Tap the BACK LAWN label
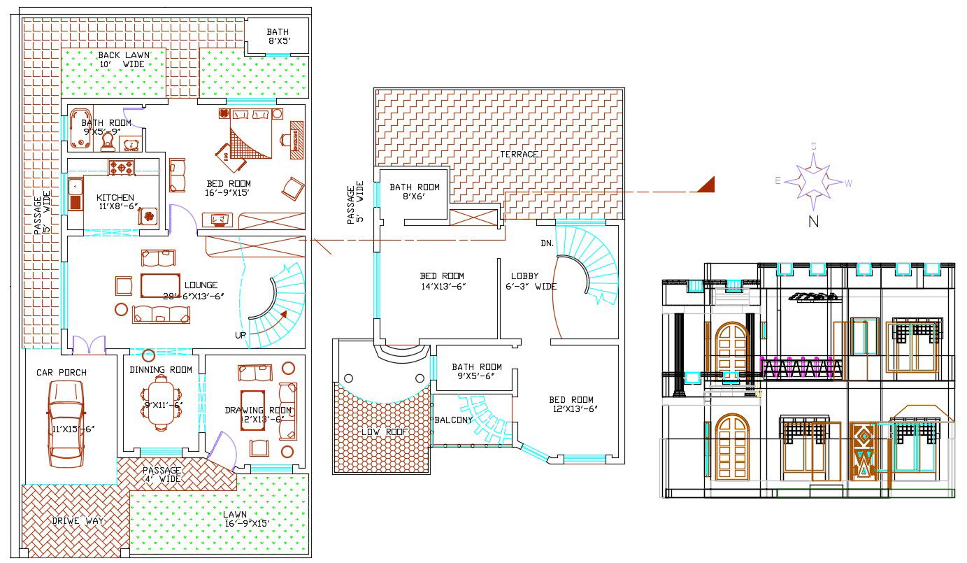click(x=121, y=59)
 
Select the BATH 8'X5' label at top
click(x=278, y=37)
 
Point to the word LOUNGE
click(x=201, y=285)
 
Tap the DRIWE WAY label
click(x=78, y=520)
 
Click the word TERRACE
click(x=519, y=154)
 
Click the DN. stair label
click(x=547, y=243)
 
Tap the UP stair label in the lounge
click(x=241, y=335)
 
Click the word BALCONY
click(x=454, y=420)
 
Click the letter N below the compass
click(x=813, y=222)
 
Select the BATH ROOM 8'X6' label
click(x=415, y=192)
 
